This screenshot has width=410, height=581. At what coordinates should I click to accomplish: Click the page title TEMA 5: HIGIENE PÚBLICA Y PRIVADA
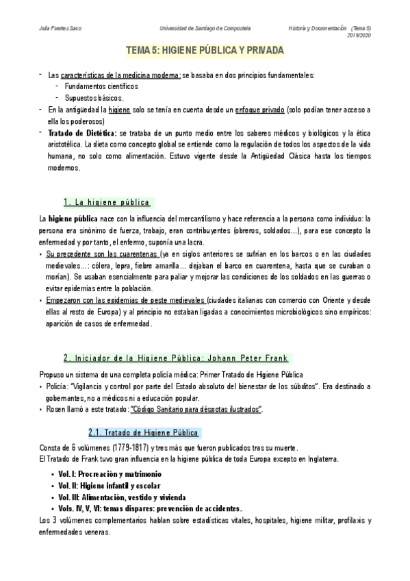point(205,52)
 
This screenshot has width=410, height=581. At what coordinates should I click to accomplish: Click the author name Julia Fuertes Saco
point(56,29)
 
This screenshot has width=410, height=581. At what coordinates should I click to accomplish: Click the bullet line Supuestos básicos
point(94,98)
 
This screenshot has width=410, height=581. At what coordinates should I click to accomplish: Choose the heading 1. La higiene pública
point(106,202)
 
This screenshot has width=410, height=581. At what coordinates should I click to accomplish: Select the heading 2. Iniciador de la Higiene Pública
point(177,358)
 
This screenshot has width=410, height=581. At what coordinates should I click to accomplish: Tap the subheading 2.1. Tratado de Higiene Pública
point(144,433)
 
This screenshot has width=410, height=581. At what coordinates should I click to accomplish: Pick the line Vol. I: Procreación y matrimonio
point(110,474)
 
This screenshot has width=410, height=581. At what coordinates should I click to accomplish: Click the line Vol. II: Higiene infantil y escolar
point(114,486)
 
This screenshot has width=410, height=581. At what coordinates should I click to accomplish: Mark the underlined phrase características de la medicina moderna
point(120,75)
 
